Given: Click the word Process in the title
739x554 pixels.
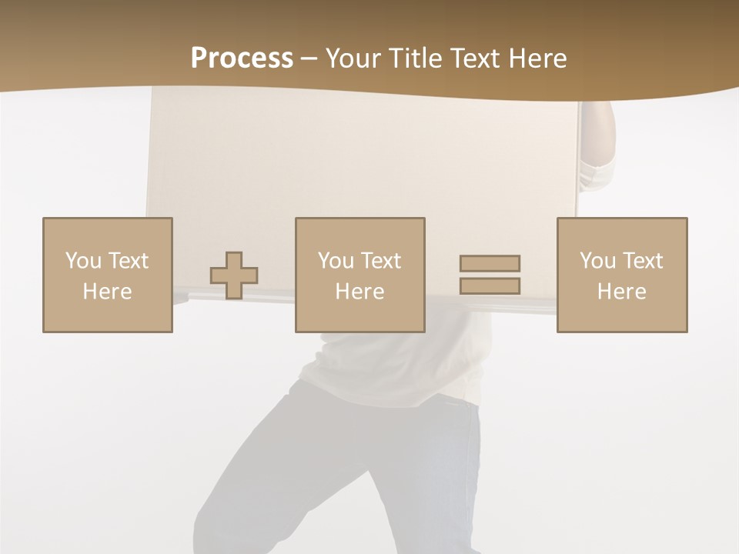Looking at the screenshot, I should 242,58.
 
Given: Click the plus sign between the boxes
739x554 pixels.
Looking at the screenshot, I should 234,275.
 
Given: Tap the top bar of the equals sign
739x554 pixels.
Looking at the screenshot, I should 490,263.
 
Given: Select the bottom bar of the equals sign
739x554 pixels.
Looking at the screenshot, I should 490,285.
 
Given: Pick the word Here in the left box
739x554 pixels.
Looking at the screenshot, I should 107,292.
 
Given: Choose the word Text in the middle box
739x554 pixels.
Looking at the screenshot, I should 380,261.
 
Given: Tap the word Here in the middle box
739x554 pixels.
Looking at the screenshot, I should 359,292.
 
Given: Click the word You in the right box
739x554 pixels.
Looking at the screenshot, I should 598,261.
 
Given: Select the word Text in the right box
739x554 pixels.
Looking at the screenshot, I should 642,261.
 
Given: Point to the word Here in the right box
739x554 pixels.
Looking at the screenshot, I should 621,292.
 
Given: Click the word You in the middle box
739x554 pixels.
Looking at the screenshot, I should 336,261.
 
